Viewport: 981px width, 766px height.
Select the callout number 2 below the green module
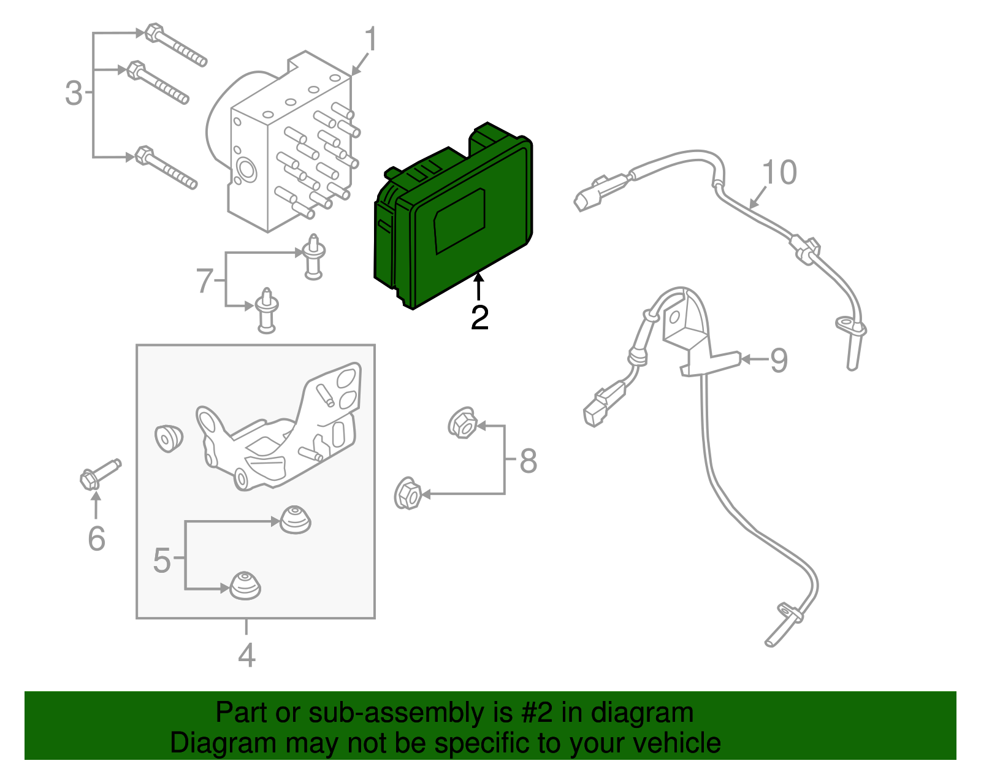coord(479,318)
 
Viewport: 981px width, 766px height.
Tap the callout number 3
coord(74,93)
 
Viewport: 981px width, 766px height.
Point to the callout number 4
coord(246,655)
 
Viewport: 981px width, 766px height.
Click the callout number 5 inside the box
coord(162,560)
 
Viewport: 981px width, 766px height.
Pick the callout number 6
coord(96,538)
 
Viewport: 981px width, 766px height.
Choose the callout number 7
coord(204,282)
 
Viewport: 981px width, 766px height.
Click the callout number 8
coord(528,461)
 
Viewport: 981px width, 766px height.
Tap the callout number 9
coord(779,360)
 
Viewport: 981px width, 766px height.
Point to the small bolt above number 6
coord(100,474)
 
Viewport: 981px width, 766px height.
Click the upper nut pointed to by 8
coord(462,422)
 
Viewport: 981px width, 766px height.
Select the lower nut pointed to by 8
coord(408,493)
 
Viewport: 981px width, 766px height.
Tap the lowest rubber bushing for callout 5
coord(245,586)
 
